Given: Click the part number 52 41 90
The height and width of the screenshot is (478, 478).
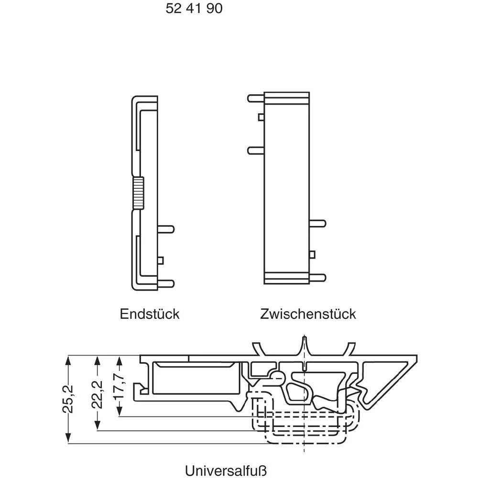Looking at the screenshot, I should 194,9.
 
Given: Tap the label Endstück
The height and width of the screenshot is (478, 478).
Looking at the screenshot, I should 149,314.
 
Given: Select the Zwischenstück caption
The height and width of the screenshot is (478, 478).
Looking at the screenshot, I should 308,314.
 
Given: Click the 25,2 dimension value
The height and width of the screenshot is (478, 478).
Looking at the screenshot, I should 69,400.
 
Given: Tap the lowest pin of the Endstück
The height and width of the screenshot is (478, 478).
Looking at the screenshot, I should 166,283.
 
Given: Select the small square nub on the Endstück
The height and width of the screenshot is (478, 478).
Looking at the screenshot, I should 160,260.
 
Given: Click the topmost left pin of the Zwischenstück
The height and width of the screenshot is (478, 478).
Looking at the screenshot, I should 255,98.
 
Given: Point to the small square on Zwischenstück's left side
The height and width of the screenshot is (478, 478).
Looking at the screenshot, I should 261,117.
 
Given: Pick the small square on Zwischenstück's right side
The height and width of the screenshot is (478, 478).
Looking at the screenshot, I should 312,254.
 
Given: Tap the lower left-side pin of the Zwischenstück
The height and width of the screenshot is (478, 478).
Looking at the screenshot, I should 255,150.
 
